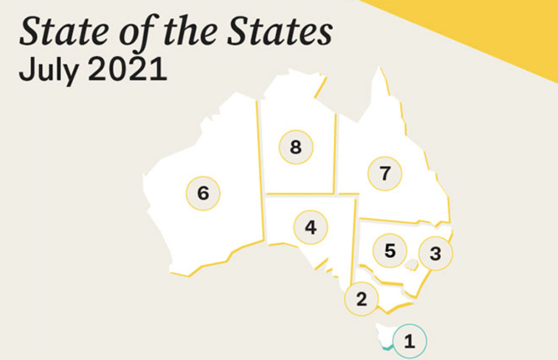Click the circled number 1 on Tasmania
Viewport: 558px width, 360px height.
[x=409, y=341]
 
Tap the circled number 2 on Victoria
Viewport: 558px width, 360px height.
[x=361, y=299]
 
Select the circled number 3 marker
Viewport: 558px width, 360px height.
[x=436, y=253]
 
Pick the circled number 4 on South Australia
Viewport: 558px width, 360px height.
[x=311, y=227]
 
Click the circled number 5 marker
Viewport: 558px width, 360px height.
[x=390, y=250]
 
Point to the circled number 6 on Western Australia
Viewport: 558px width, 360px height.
[x=203, y=193]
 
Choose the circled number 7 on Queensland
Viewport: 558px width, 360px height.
[x=385, y=173]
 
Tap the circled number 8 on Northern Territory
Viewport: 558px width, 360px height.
[x=296, y=147]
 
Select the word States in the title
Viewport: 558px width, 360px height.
[x=279, y=31]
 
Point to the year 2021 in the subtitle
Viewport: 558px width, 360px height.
[x=127, y=69]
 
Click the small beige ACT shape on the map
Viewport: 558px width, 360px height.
[x=411, y=264]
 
